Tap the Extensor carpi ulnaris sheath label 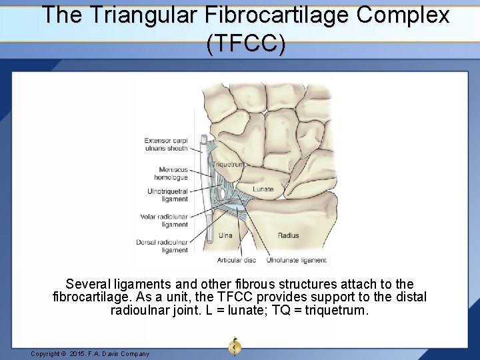tap(166, 144)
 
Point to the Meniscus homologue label tap(171, 173)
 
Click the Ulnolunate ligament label tap(297, 260)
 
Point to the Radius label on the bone tap(288, 235)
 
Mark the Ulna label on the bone tap(226, 235)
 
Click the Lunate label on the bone tap(263, 189)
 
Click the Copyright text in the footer tap(90, 354)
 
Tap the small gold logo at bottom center tap(235, 347)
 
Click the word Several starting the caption tap(89, 285)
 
